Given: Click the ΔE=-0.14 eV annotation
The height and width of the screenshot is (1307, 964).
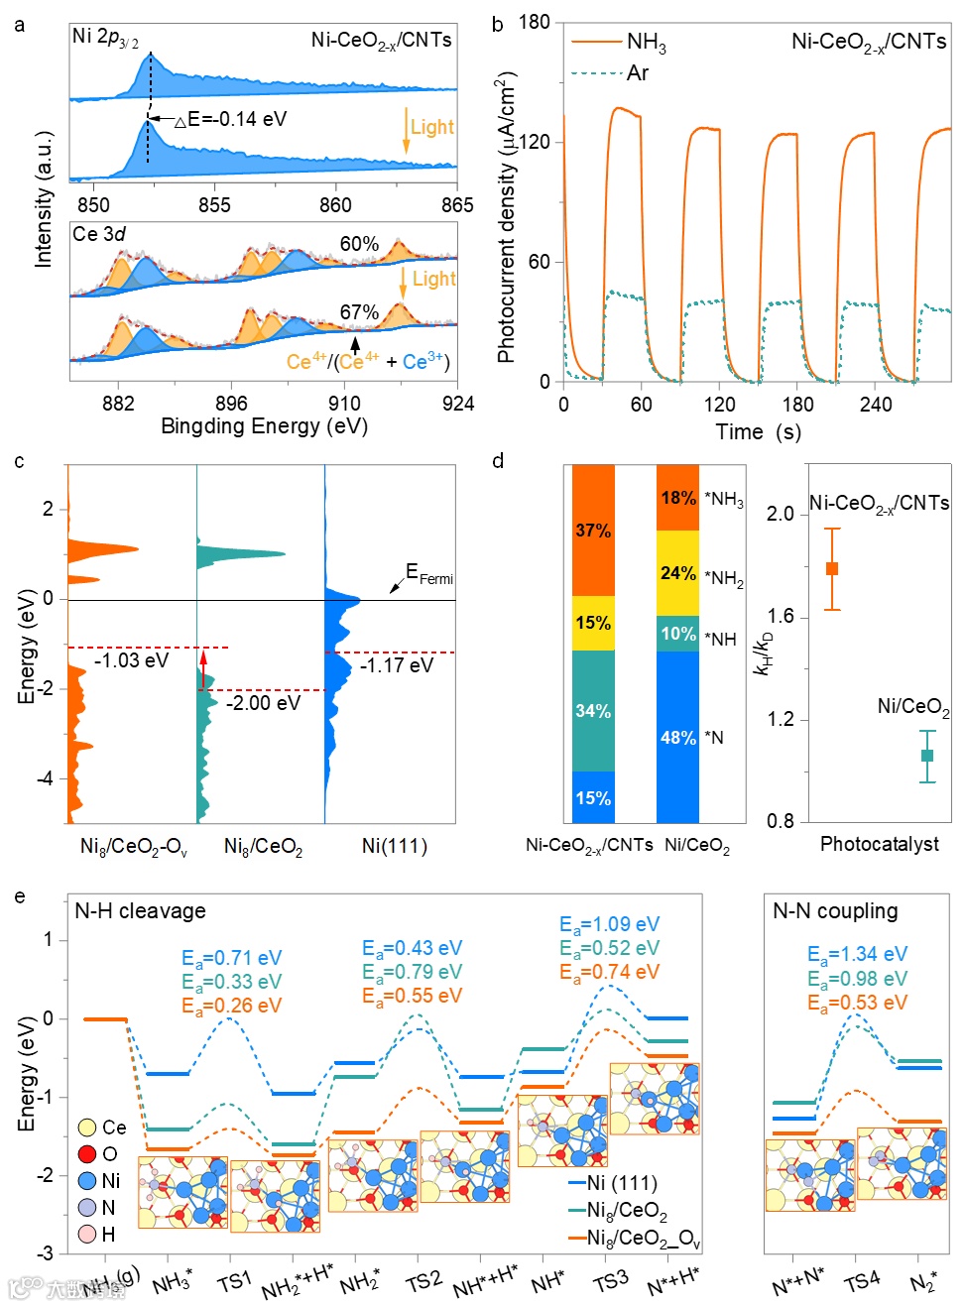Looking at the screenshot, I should (231, 119).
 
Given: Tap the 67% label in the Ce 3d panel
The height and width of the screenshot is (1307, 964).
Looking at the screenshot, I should (359, 312).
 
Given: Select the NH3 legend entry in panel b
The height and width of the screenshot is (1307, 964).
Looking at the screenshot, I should (646, 42).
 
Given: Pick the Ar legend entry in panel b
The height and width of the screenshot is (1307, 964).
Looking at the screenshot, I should (637, 72).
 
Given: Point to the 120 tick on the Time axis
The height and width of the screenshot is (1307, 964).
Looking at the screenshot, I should (719, 405).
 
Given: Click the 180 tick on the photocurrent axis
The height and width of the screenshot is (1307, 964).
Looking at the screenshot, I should (534, 23).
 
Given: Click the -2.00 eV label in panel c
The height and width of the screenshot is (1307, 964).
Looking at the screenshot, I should (263, 703).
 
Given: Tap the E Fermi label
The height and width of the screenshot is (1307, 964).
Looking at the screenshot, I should (428, 574).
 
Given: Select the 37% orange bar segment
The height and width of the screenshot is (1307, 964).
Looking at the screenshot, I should (593, 531).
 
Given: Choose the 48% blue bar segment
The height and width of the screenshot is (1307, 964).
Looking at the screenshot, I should (677, 737).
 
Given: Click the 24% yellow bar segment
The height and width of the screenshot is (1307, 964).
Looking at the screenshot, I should (677, 573).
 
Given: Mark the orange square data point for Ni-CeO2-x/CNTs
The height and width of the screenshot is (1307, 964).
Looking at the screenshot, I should (832, 568).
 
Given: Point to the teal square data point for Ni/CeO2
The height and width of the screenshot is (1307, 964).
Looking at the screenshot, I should (927, 756).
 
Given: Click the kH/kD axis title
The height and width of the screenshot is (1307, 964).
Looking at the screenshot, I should (763, 655).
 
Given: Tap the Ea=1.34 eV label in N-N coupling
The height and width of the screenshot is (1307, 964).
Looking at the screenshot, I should (857, 954).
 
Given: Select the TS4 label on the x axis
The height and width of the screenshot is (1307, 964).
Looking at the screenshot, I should (861, 1281).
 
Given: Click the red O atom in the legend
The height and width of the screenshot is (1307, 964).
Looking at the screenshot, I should (86, 1153).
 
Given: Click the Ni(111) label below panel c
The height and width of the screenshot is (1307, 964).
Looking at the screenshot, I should (394, 846).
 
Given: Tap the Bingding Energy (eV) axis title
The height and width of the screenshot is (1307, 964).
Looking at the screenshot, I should (264, 426).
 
